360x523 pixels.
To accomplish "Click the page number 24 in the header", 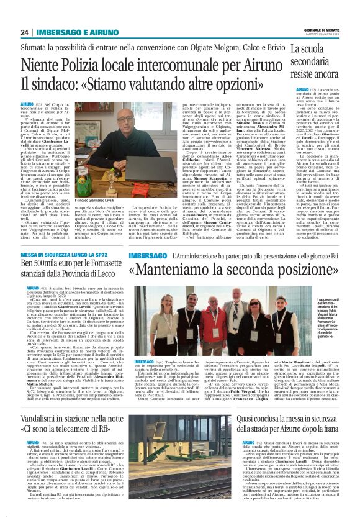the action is (25, 32).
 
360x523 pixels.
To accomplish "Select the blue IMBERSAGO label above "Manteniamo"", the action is (148, 257).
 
